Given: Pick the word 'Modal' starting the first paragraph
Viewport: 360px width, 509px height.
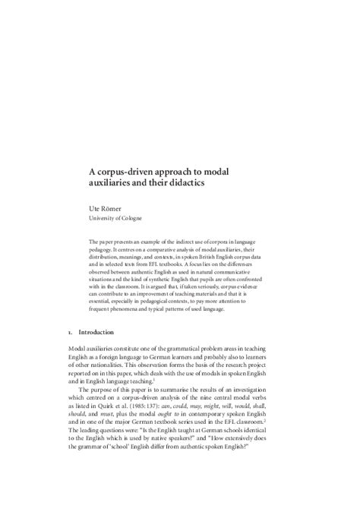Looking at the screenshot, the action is [x=80, y=348].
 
